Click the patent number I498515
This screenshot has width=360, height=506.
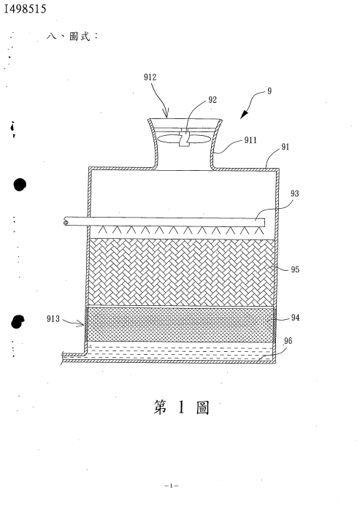pos(25,9)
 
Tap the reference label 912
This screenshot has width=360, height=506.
pos(150,77)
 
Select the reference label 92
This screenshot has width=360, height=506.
pos(212,100)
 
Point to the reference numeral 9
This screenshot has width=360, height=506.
pos(269,91)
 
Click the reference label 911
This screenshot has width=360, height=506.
pos(250,140)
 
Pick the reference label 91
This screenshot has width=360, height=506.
pos(285,147)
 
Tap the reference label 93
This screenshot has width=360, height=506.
pos(294,193)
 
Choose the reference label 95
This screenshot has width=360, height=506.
pos(295,269)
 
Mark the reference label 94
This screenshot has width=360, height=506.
pos(295,318)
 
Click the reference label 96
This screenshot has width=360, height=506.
pos(288,341)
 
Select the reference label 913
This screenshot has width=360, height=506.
pos(53,319)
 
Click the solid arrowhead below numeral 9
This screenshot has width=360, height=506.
pos(244,114)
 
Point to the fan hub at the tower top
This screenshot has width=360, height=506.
pos(184,139)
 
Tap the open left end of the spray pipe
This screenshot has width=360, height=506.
pos(66,222)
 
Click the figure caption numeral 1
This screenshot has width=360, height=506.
pos(181,407)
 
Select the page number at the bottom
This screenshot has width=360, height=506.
pos(172,486)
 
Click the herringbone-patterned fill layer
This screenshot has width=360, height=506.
pos(181,272)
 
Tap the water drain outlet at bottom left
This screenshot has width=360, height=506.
pos(72,358)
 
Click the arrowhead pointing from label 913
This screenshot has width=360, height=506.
pos(82,323)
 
